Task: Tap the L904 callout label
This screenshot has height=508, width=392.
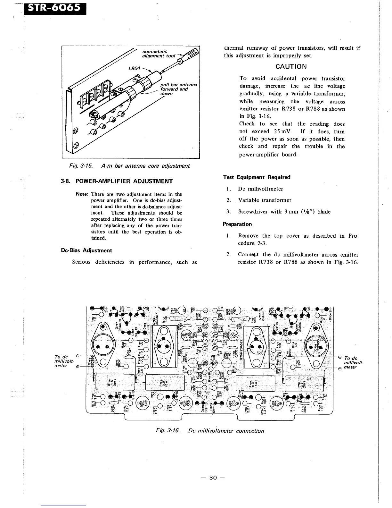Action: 133,69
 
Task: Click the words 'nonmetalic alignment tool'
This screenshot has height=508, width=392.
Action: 158,53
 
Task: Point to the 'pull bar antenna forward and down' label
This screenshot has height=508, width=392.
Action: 178,89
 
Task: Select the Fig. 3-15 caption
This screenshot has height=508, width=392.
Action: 126,166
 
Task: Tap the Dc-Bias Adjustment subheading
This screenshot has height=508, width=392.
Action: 86,250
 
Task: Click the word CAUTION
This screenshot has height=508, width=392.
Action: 291,67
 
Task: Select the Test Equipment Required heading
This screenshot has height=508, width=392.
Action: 257,177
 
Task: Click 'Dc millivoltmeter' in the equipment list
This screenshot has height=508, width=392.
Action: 261,189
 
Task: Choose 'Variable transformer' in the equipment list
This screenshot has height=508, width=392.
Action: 265,200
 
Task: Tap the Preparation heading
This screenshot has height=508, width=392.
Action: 237,224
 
